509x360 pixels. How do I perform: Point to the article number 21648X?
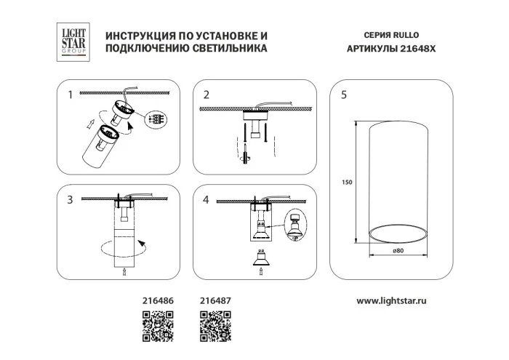(x=403, y=48)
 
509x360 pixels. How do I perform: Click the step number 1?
(x=71, y=95)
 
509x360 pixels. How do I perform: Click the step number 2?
(x=207, y=95)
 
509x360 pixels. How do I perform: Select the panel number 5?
(x=343, y=95)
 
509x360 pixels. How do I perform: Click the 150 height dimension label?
(x=348, y=182)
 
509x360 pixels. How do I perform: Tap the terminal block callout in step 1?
(x=156, y=119)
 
